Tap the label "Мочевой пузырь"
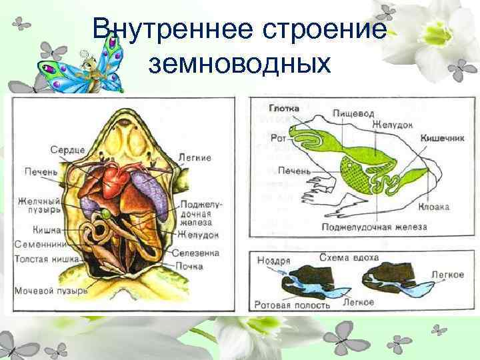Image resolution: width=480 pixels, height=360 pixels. coord(51,291)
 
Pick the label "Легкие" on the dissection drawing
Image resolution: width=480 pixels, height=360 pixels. coord(195,158)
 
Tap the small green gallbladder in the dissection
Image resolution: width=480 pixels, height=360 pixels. coord(106,213)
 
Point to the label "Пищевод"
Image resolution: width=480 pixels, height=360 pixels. coord(353,115)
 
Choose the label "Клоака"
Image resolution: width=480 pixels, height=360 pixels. coord(434,207)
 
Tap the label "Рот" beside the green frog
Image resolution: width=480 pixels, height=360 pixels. coord(279,137)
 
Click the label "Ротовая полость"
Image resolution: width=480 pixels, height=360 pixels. coord(287,305)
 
